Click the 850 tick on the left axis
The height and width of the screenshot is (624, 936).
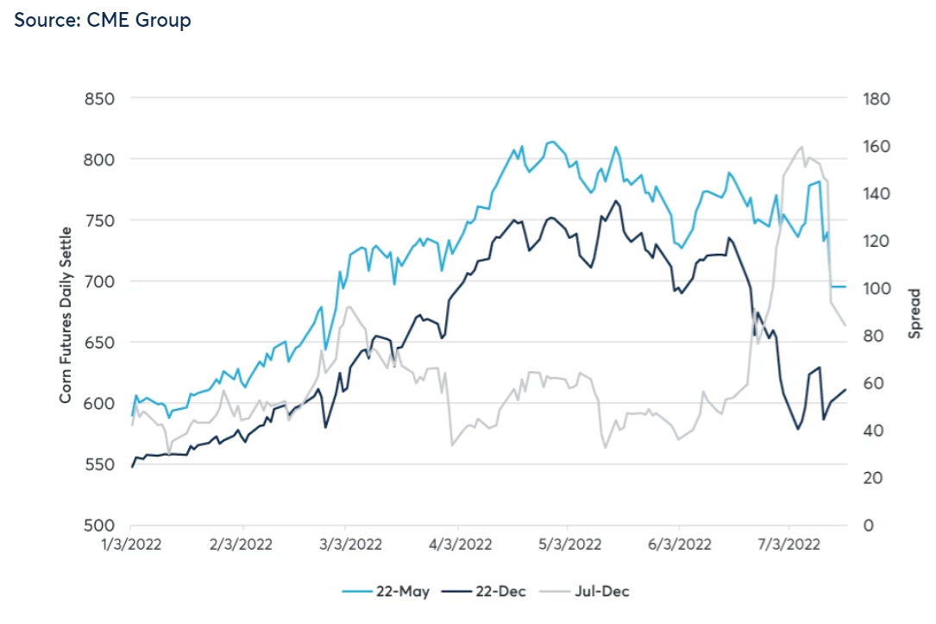click(x=100, y=98)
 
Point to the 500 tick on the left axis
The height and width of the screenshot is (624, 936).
click(x=100, y=526)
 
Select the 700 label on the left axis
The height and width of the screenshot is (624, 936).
click(x=100, y=281)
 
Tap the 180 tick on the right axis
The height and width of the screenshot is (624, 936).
click(x=876, y=98)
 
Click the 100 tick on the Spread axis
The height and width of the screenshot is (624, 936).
click(x=876, y=288)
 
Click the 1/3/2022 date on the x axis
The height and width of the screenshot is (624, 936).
click(x=130, y=545)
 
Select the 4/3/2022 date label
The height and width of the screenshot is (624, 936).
click(x=459, y=545)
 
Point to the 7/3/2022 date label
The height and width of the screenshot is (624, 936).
click(x=788, y=545)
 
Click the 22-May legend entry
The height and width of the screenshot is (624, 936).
click(x=382, y=592)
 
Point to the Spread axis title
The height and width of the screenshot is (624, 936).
click(x=916, y=312)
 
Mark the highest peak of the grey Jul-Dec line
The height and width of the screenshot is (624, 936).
click(x=802, y=147)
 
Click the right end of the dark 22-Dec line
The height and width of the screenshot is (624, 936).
click(x=845, y=389)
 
